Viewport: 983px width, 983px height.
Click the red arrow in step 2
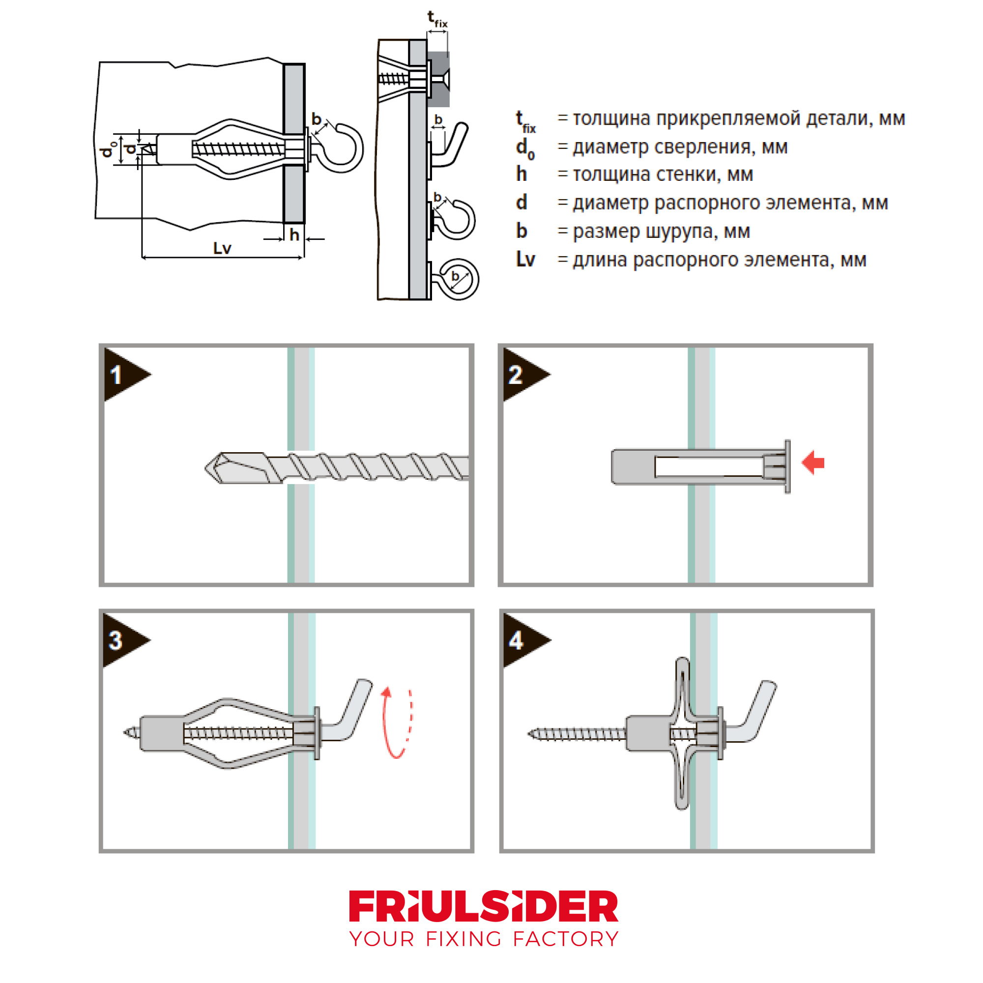[x=812, y=463]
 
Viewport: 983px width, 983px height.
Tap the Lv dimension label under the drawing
[x=222, y=248]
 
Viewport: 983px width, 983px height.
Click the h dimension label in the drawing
[x=294, y=235]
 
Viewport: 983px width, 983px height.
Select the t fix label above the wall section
[x=436, y=19]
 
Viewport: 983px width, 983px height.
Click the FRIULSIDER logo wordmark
[x=483, y=906]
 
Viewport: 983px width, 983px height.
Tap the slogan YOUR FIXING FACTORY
[x=483, y=939]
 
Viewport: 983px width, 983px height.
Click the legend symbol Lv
[x=525, y=260]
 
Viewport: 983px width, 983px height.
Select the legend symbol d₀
[x=524, y=148]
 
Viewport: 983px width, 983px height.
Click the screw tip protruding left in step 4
[x=532, y=734]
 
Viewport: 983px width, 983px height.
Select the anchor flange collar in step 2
[x=787, y=466]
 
